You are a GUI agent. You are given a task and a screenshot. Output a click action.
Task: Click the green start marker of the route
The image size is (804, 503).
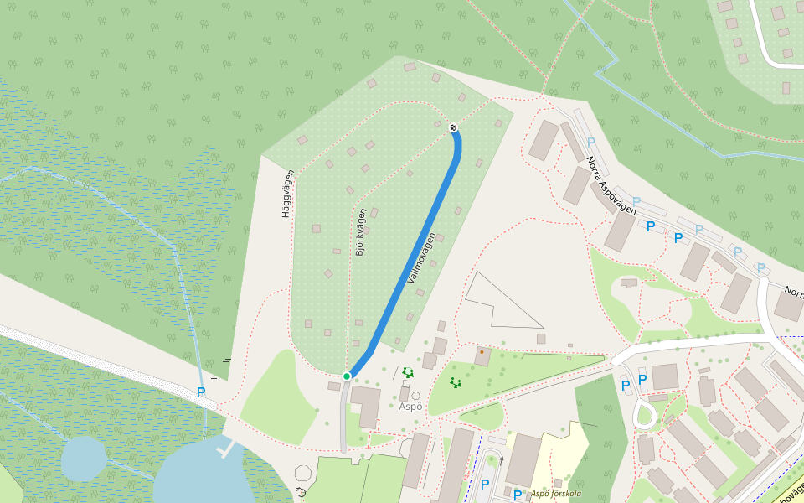pyautogui.click(x=347, y=376)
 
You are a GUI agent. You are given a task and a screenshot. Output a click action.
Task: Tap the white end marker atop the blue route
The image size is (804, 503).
pyautogui.click(x=453, y=127)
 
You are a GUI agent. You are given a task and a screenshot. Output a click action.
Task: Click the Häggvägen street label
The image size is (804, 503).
pyautogui.click(x=288, y=194)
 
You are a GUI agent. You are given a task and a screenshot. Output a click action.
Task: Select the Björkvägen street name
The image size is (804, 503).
pyautogui.click(x=361, y=231)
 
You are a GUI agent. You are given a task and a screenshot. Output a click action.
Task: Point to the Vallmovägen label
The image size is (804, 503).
pyautogui.click(x=421, y=257)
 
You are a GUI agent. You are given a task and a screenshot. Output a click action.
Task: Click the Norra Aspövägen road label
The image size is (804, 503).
pyautogui.click(x=611, y=185)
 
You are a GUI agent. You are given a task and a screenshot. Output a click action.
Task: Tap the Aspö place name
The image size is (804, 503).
pyautogui.click(x=410, y=407)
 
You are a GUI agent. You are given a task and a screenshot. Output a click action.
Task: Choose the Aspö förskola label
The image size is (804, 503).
pyautogui.click(x=555, y=494)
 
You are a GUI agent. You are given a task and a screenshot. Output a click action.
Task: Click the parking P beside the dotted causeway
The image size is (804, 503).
pyautogui.click(x=201, y=392)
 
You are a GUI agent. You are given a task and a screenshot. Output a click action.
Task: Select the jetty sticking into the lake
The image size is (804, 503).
pyautogui.click(x=224, y=449)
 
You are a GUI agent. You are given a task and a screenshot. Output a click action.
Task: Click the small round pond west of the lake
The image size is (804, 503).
pyautogui.click(x=84, y=459)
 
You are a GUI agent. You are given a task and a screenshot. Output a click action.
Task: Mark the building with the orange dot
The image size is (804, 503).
pyautogui.click(x=482, y=355)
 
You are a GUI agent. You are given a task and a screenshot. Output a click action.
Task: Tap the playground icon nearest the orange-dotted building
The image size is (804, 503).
pyautogui.click(x=456, y=383)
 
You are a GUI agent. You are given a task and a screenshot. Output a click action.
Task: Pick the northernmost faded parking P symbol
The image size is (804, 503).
pyautogui.click(x=590, y=143)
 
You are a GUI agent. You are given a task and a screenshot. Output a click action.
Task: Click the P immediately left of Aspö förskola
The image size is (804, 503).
pyautogui.click(x=518, y=495)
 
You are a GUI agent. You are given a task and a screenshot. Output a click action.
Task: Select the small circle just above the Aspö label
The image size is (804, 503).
pyautogui.click(x=415, y=396)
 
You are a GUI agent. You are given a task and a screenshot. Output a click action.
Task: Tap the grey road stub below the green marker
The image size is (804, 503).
pyautogui.click(x=343, y=419)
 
